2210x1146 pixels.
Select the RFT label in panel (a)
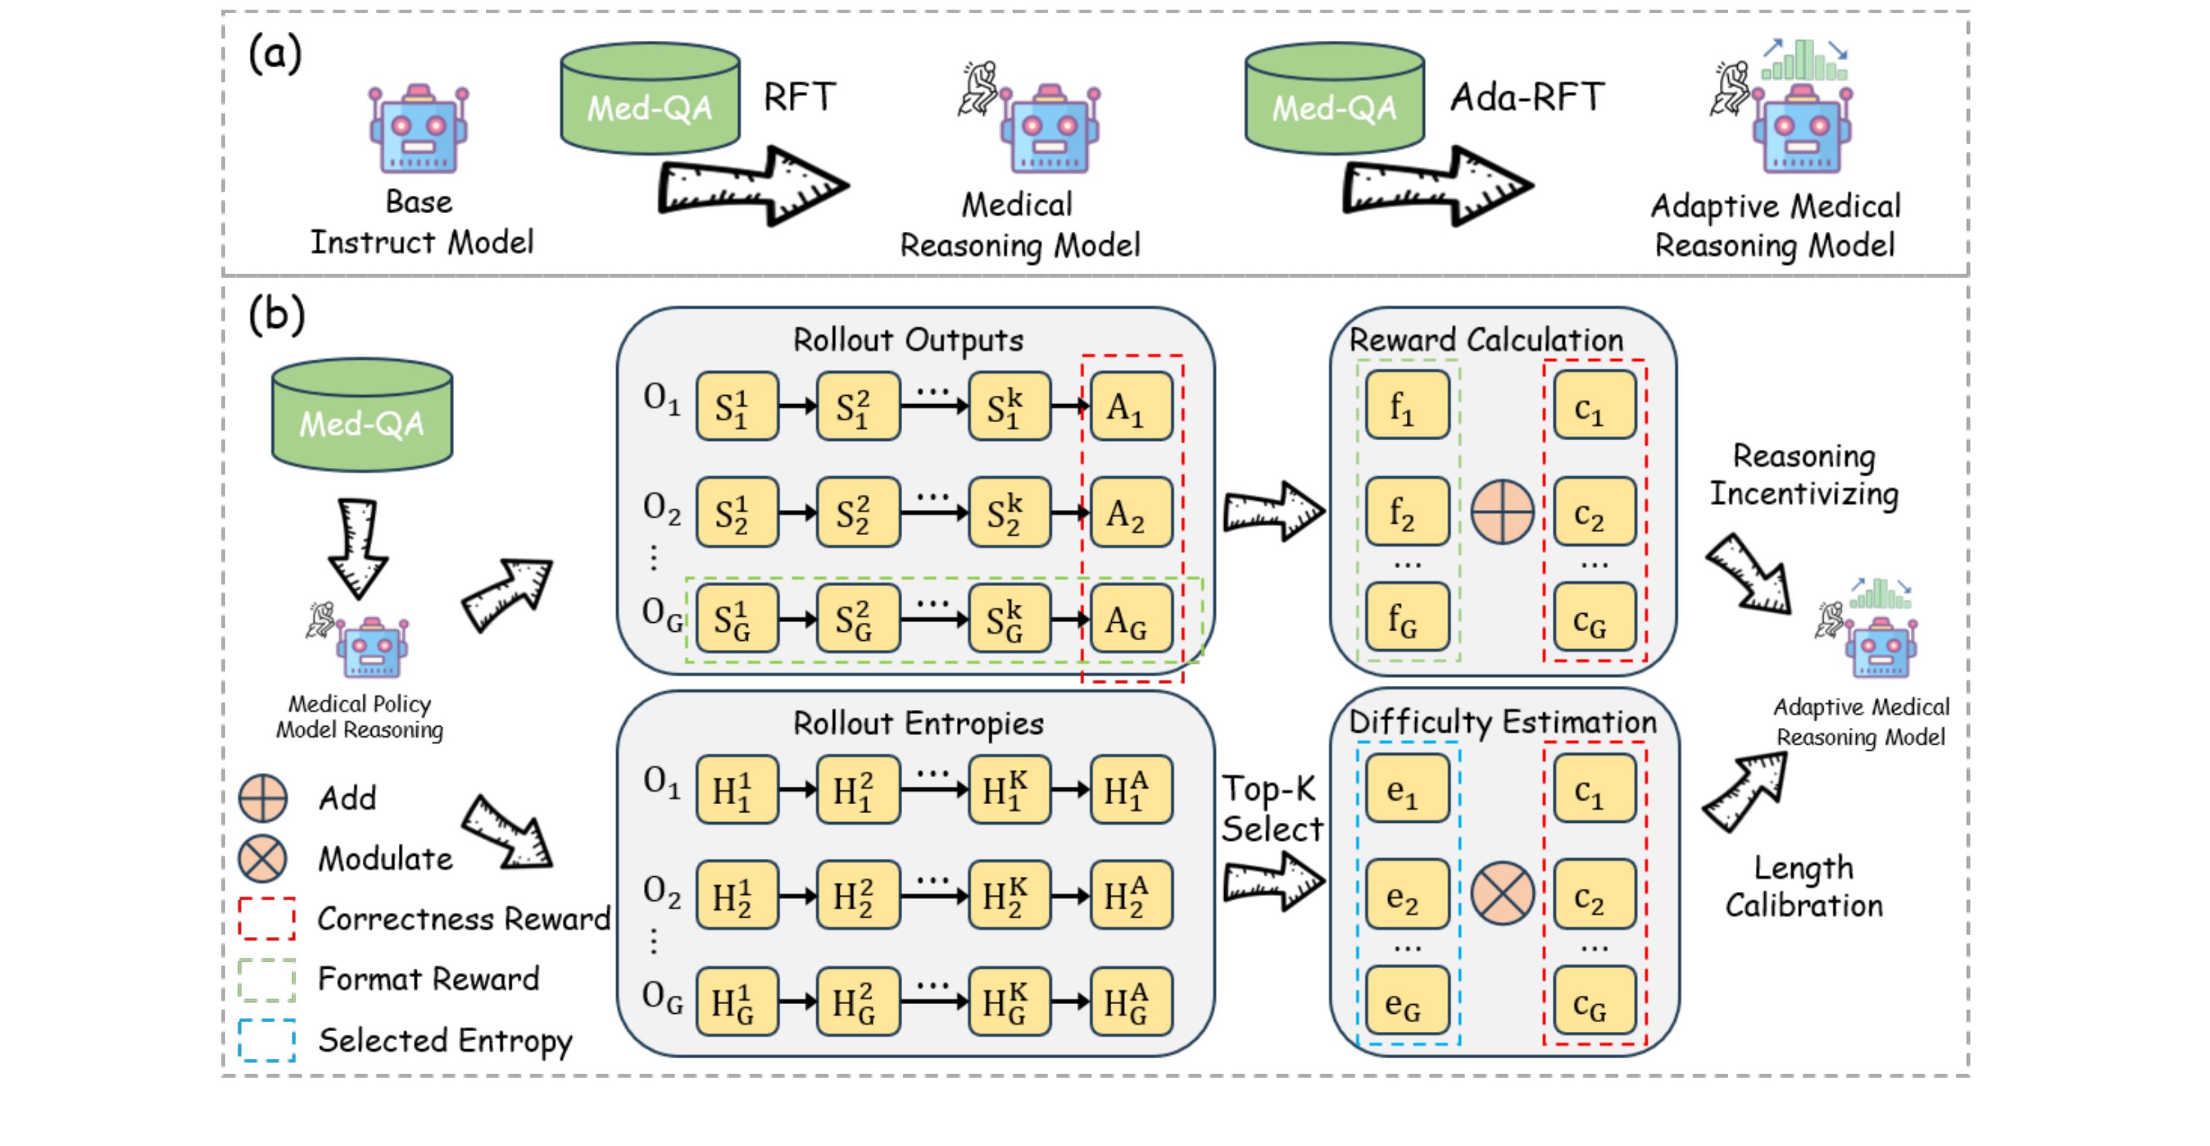click(x=800, y=97)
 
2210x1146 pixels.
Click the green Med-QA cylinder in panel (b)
click(x=362, y=415)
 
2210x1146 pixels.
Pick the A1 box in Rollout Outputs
click(x=1130, y=406)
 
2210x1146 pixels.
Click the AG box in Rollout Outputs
click(x=1130, y=619)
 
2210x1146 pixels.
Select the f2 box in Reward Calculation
click(x=1406, y=511)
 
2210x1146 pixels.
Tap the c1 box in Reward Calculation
click(x=1593, y=406)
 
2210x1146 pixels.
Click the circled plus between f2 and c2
click(x=1502, y=511)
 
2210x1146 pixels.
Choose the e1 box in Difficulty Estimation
click(x=1406, y=788)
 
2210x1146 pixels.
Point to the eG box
click(x=1406, y=1001)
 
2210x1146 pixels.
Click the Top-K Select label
click(x=1271, y=808)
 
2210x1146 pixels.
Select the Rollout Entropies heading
click(x=918, y=723)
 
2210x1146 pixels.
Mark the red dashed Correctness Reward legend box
click(x=267, y=919)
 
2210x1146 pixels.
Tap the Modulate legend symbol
click(x=262, y=859)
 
